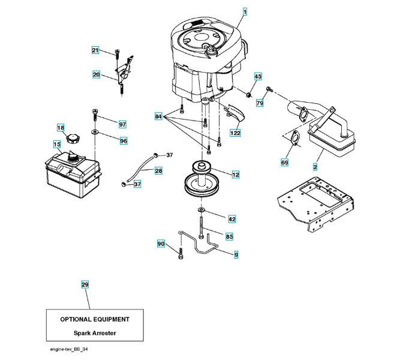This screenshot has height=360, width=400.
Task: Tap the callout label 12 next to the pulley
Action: point(236,175)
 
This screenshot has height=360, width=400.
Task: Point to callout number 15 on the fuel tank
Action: point(57,144)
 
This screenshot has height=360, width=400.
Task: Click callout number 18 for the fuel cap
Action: point(61,127)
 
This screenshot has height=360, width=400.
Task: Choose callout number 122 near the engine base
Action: point(236,133)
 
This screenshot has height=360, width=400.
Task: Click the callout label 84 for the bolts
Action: point(158,116)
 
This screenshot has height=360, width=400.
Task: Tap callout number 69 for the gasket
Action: point(285,161)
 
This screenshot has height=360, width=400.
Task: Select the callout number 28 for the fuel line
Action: point(158,171)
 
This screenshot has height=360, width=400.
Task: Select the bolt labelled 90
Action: point(181,253)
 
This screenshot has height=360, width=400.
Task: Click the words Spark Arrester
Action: point(95,333)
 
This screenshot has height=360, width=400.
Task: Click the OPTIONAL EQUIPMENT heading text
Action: point(95,319)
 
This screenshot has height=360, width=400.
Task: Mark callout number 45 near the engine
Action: point(258,76)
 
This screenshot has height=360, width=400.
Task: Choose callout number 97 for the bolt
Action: point(122,124)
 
